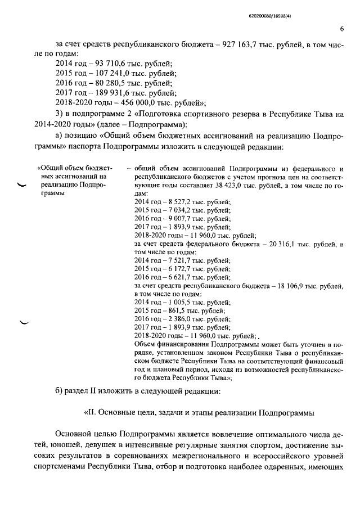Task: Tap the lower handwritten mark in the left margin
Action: (24, 322)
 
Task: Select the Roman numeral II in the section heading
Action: (90, 412)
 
